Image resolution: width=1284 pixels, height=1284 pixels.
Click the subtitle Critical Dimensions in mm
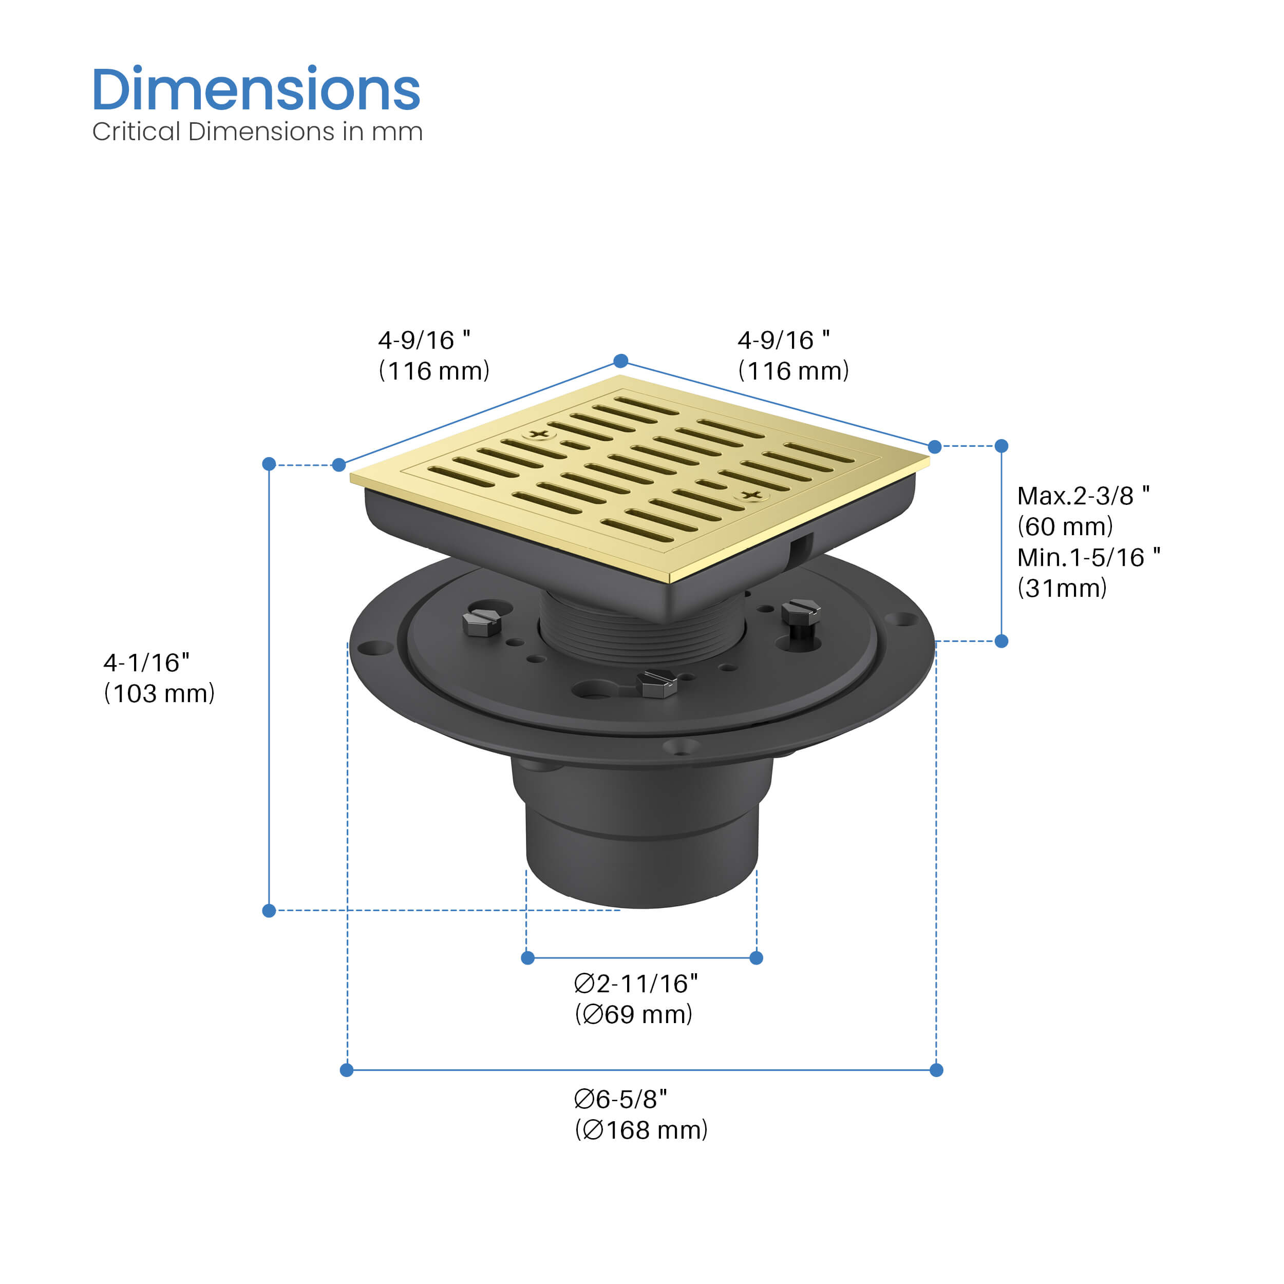click(x=257, y=131)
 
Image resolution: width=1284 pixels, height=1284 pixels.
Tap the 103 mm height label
click(x=160, y=693)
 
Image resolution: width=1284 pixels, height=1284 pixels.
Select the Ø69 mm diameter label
click(x=633, y=1014)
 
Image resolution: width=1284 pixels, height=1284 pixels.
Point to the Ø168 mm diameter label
click(x=641, y=1130)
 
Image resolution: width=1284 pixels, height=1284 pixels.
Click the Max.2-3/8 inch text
click(x=1083, y=496)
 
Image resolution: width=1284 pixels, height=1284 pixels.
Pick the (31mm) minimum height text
click(x=1062, y=588)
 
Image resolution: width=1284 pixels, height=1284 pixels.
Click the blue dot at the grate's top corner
click(x=621, y=361)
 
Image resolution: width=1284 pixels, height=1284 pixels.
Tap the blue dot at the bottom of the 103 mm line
click(x=269, y=911)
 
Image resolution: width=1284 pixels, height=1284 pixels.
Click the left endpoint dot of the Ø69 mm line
click(x=527, y=958)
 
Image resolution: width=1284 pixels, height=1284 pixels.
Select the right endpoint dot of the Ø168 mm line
click(x=936, y=1070)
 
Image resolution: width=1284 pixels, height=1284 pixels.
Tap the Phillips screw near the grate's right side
click(x=752, y=495)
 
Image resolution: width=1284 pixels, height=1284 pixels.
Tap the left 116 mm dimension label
click(x=434, y=355)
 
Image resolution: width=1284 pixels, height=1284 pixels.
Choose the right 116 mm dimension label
click(x=794, y=355)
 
